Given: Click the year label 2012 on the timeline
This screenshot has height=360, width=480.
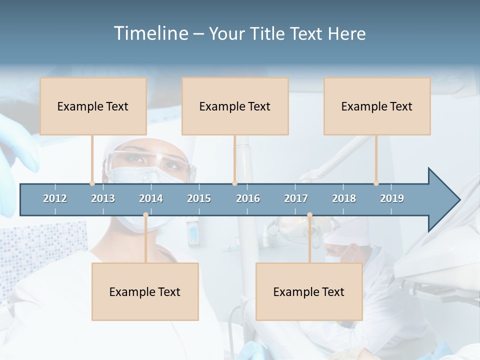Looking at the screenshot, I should coord(55,198).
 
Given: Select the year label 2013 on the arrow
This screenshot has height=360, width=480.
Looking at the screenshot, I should coord(103,198).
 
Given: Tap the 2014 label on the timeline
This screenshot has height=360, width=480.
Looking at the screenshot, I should coord(151,198).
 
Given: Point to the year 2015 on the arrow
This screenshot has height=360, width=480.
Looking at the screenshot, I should coord(199,198).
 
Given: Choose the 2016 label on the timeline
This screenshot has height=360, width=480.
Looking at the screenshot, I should coord(248,198).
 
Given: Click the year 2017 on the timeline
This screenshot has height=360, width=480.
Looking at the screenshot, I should coord(296,198).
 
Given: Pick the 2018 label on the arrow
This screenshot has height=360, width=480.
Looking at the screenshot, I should coord(344,198).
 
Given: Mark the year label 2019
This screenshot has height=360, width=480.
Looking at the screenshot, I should coord(392,198).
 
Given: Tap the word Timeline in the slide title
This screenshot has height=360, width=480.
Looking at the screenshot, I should coord(150,33).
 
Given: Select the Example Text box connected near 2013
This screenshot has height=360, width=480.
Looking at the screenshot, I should coord(93,106).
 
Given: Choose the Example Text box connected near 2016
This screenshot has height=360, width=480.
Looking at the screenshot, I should coord(235,106).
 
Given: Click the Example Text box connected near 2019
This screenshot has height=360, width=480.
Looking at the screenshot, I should coord(377,106).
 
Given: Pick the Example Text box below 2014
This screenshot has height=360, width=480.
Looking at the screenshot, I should coord(145,291).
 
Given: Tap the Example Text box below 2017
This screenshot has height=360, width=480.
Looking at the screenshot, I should coord(309,291).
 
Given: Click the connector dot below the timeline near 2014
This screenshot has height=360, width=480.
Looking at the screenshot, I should coord(145,215).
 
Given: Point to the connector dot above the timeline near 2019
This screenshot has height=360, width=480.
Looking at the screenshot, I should coord(376,183).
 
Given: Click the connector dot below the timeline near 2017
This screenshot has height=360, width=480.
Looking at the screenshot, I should coord(309,215).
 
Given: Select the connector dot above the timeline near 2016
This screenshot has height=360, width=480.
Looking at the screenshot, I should coord(234,183).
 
